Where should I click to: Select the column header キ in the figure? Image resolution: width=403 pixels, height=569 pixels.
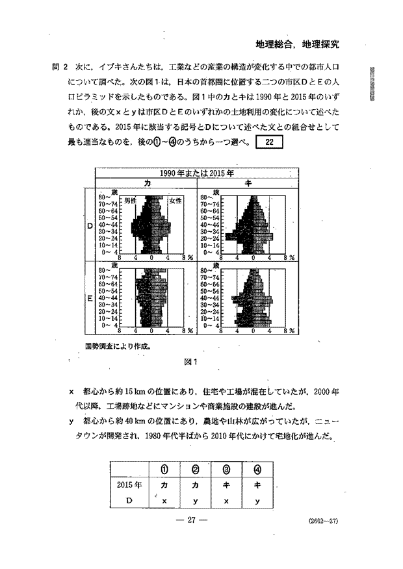click(248, 184)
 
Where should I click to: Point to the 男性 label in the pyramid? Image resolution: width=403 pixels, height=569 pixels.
click(130, 201)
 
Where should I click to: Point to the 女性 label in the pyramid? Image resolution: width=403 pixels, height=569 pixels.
click(175, 201)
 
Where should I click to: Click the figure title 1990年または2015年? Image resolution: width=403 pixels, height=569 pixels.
click(198, 173)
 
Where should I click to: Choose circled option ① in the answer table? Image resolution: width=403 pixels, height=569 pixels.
click(164, 468)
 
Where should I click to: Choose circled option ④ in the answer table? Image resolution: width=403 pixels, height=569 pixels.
click(257, 468)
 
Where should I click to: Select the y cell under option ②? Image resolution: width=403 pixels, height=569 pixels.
click(195, 500)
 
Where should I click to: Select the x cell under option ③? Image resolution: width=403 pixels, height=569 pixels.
click(226, 500)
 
